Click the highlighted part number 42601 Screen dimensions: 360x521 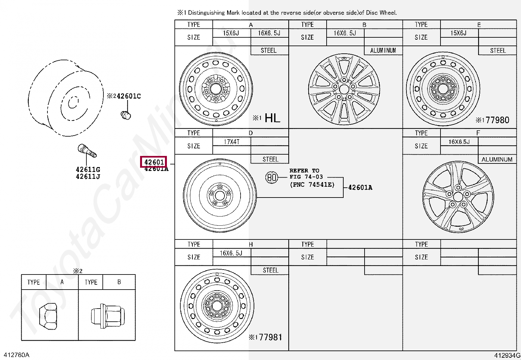tap(154, 162)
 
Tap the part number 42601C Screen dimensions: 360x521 tap(129, 96)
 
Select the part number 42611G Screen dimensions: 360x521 tap(88, 169)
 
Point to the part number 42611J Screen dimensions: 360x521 tap(88, 177)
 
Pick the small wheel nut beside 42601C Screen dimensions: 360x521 tap(126, 115)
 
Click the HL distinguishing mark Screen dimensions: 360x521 tap(272, 118)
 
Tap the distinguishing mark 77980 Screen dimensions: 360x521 tap(497, 120)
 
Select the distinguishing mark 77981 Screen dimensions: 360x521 tap(270, 337)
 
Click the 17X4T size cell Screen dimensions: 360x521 tap(231, 142)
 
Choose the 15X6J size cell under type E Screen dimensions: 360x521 tap(458, 33)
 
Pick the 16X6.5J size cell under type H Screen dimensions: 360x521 tap(231, 253)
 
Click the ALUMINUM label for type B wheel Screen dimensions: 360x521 tap(383, 50)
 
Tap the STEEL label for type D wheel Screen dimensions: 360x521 tap(270, 159)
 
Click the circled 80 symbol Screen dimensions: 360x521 tap(271, 177)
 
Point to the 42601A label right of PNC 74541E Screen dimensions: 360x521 tap(360, 187)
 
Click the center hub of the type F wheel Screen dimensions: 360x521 tap(458, 197)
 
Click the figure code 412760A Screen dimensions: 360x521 tap(16, 355)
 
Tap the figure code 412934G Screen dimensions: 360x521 tap(507, 355)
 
